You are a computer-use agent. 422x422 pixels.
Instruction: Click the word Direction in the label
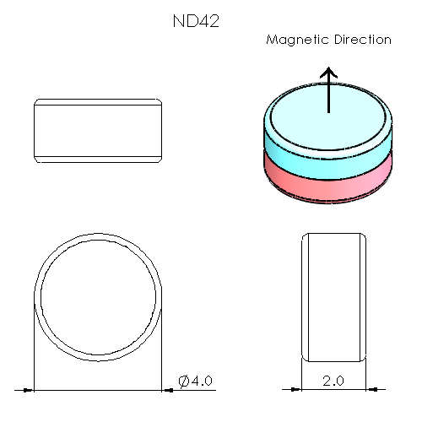361,40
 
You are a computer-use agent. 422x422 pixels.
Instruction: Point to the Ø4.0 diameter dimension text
197,381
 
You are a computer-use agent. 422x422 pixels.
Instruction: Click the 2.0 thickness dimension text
333,381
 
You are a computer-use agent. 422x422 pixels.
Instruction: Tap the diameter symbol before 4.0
185,381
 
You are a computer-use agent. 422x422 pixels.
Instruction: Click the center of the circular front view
98,299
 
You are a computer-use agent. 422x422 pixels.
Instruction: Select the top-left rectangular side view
98,131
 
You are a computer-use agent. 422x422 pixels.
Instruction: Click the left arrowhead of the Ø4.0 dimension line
29,390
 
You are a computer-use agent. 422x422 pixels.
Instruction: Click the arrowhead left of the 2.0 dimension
296,390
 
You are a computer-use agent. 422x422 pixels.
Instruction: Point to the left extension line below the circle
34,354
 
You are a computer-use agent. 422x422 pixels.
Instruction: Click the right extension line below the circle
162,354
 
